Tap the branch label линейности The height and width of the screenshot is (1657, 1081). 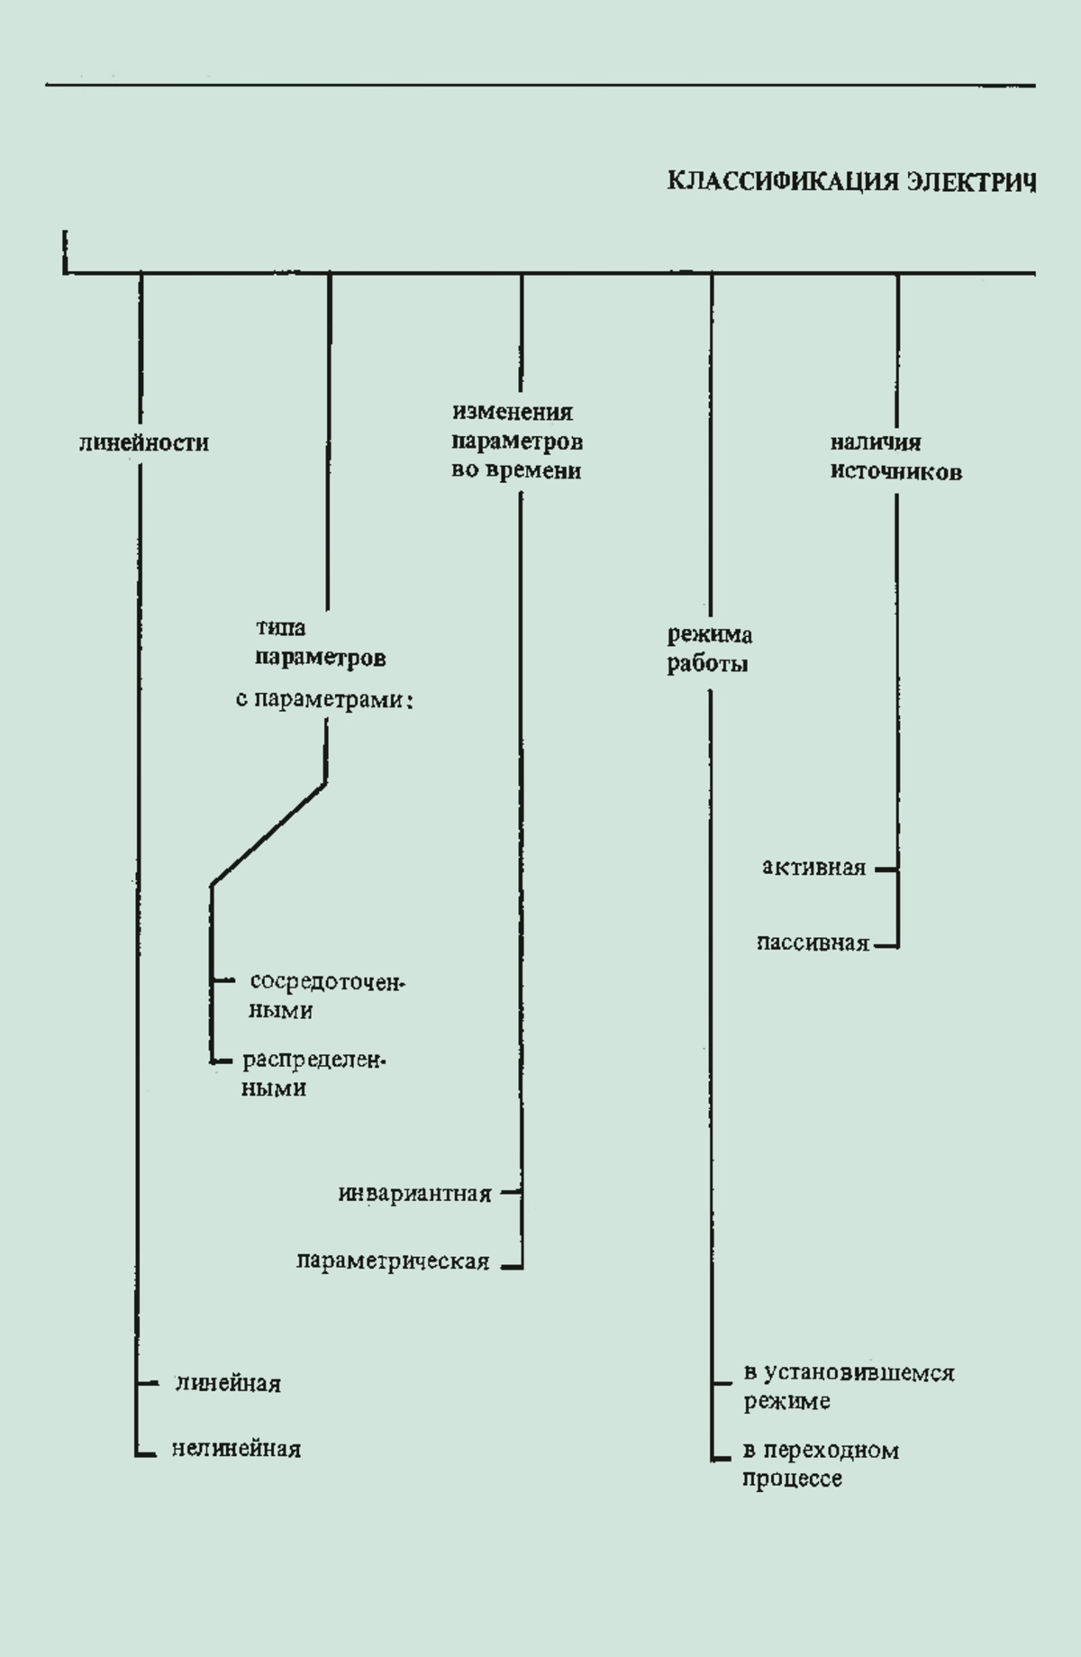pyautogui.click(x=144, y=443)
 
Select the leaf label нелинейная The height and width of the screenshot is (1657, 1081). pyautogui.click(x=236, y=1449)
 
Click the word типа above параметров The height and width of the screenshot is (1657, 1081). pyautogui.click(x=280, y=628)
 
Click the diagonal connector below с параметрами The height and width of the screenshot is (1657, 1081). pyautogui.click(x=268, y=833)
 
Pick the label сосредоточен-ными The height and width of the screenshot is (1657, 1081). pyautogui.click(x=327, y=996)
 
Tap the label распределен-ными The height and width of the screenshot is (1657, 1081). pyautogui.click(x=313, y=1074)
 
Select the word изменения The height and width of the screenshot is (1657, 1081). pyautogui.click(x=513, y=412)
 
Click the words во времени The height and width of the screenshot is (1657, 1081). pyautogui.click(x=516, y=470)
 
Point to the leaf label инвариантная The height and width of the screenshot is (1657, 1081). pyautogui.click(x=415, y=1194)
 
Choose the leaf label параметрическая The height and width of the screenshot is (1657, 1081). pyautogui.click(x=393, y=1261)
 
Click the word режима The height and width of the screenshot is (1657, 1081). pyautogui.click(x=710, y=635)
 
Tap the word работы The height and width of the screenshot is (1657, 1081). pyautogui.click(x=708, y=665)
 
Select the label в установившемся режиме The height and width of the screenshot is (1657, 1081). pyautogui.click(x=849, y=1387)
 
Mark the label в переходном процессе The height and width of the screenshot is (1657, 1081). pyautogui.click(x=821, y=1464)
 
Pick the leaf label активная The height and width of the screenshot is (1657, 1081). pyautogui.click(x=814, y=868)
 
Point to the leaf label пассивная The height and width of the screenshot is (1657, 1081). pyautogui.click(x=813, y=943)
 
